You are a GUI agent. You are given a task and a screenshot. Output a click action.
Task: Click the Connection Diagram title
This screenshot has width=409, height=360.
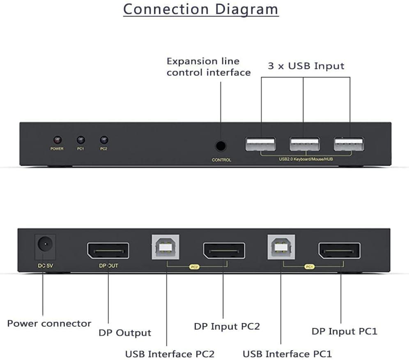pos(201,9)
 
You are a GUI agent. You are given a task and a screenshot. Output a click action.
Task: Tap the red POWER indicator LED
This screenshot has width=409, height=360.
pos(57,140)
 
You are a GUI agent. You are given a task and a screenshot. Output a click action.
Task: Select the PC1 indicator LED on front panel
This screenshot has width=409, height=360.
pos(80,140)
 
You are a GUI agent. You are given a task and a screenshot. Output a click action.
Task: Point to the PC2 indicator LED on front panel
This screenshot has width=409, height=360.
pos(103,140)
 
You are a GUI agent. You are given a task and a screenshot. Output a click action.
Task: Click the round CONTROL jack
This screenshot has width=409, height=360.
pos(221,145)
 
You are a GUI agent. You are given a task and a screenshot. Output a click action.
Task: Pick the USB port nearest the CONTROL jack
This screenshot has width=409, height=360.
pos(260,144)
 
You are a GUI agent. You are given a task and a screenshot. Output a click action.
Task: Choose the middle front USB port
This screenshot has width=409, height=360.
pos(304,144)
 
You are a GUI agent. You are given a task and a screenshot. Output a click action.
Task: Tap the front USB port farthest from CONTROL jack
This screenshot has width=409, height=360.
pos(349,144)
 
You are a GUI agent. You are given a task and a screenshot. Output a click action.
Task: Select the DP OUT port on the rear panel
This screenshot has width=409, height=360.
pos(108,250)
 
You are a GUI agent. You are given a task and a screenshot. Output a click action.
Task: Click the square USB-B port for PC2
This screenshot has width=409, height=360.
pos(166,247)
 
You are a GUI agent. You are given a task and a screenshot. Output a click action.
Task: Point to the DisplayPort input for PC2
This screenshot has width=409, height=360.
pos(224,250)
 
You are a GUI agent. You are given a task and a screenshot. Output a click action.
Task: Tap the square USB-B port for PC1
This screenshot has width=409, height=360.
pos(281,247)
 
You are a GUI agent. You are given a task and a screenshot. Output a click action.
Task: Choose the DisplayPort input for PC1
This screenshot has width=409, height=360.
pos(340,250)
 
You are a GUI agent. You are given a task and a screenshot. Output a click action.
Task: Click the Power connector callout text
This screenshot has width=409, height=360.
pos(49,323)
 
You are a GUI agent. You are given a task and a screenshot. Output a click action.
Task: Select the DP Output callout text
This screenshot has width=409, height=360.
pos(125,333)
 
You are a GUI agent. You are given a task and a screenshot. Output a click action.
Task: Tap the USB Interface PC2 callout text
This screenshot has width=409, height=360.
pos(170,353)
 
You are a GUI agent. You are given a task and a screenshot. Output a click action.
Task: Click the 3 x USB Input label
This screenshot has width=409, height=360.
pos(306,66)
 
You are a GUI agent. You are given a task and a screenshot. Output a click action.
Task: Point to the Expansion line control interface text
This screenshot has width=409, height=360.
pos(208,67)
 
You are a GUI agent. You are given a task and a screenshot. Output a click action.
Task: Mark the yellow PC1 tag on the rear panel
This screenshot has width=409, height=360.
pos(309,266)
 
